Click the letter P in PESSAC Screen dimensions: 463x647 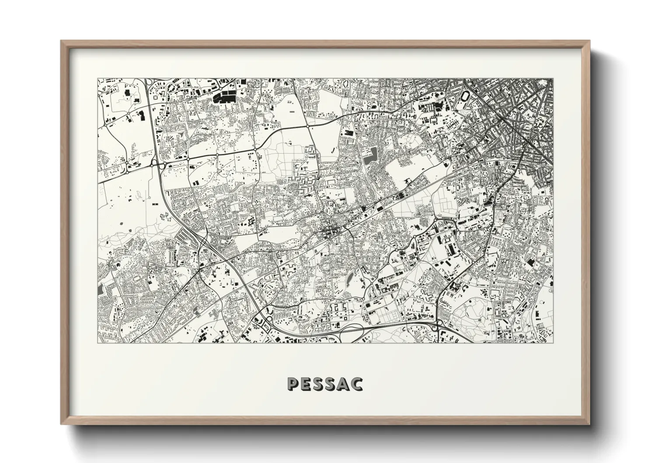[x=293, y=384]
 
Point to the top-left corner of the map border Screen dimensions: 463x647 [x=97, y=79]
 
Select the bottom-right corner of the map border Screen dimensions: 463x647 [x=553, y=343]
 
